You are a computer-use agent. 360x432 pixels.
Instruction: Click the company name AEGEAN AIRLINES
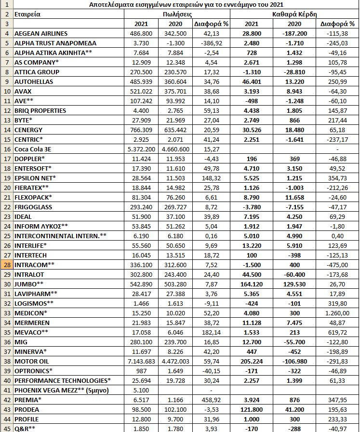coord(41,33)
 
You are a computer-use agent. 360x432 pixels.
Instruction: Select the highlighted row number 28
coord(7,264)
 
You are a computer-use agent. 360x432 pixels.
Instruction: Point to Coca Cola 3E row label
coord(33,149)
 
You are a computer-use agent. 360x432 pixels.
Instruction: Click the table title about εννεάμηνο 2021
coord(186,4)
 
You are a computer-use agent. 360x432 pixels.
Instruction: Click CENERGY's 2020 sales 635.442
coord(177,130)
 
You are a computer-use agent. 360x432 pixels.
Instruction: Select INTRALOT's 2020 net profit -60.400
coord(288,274)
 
